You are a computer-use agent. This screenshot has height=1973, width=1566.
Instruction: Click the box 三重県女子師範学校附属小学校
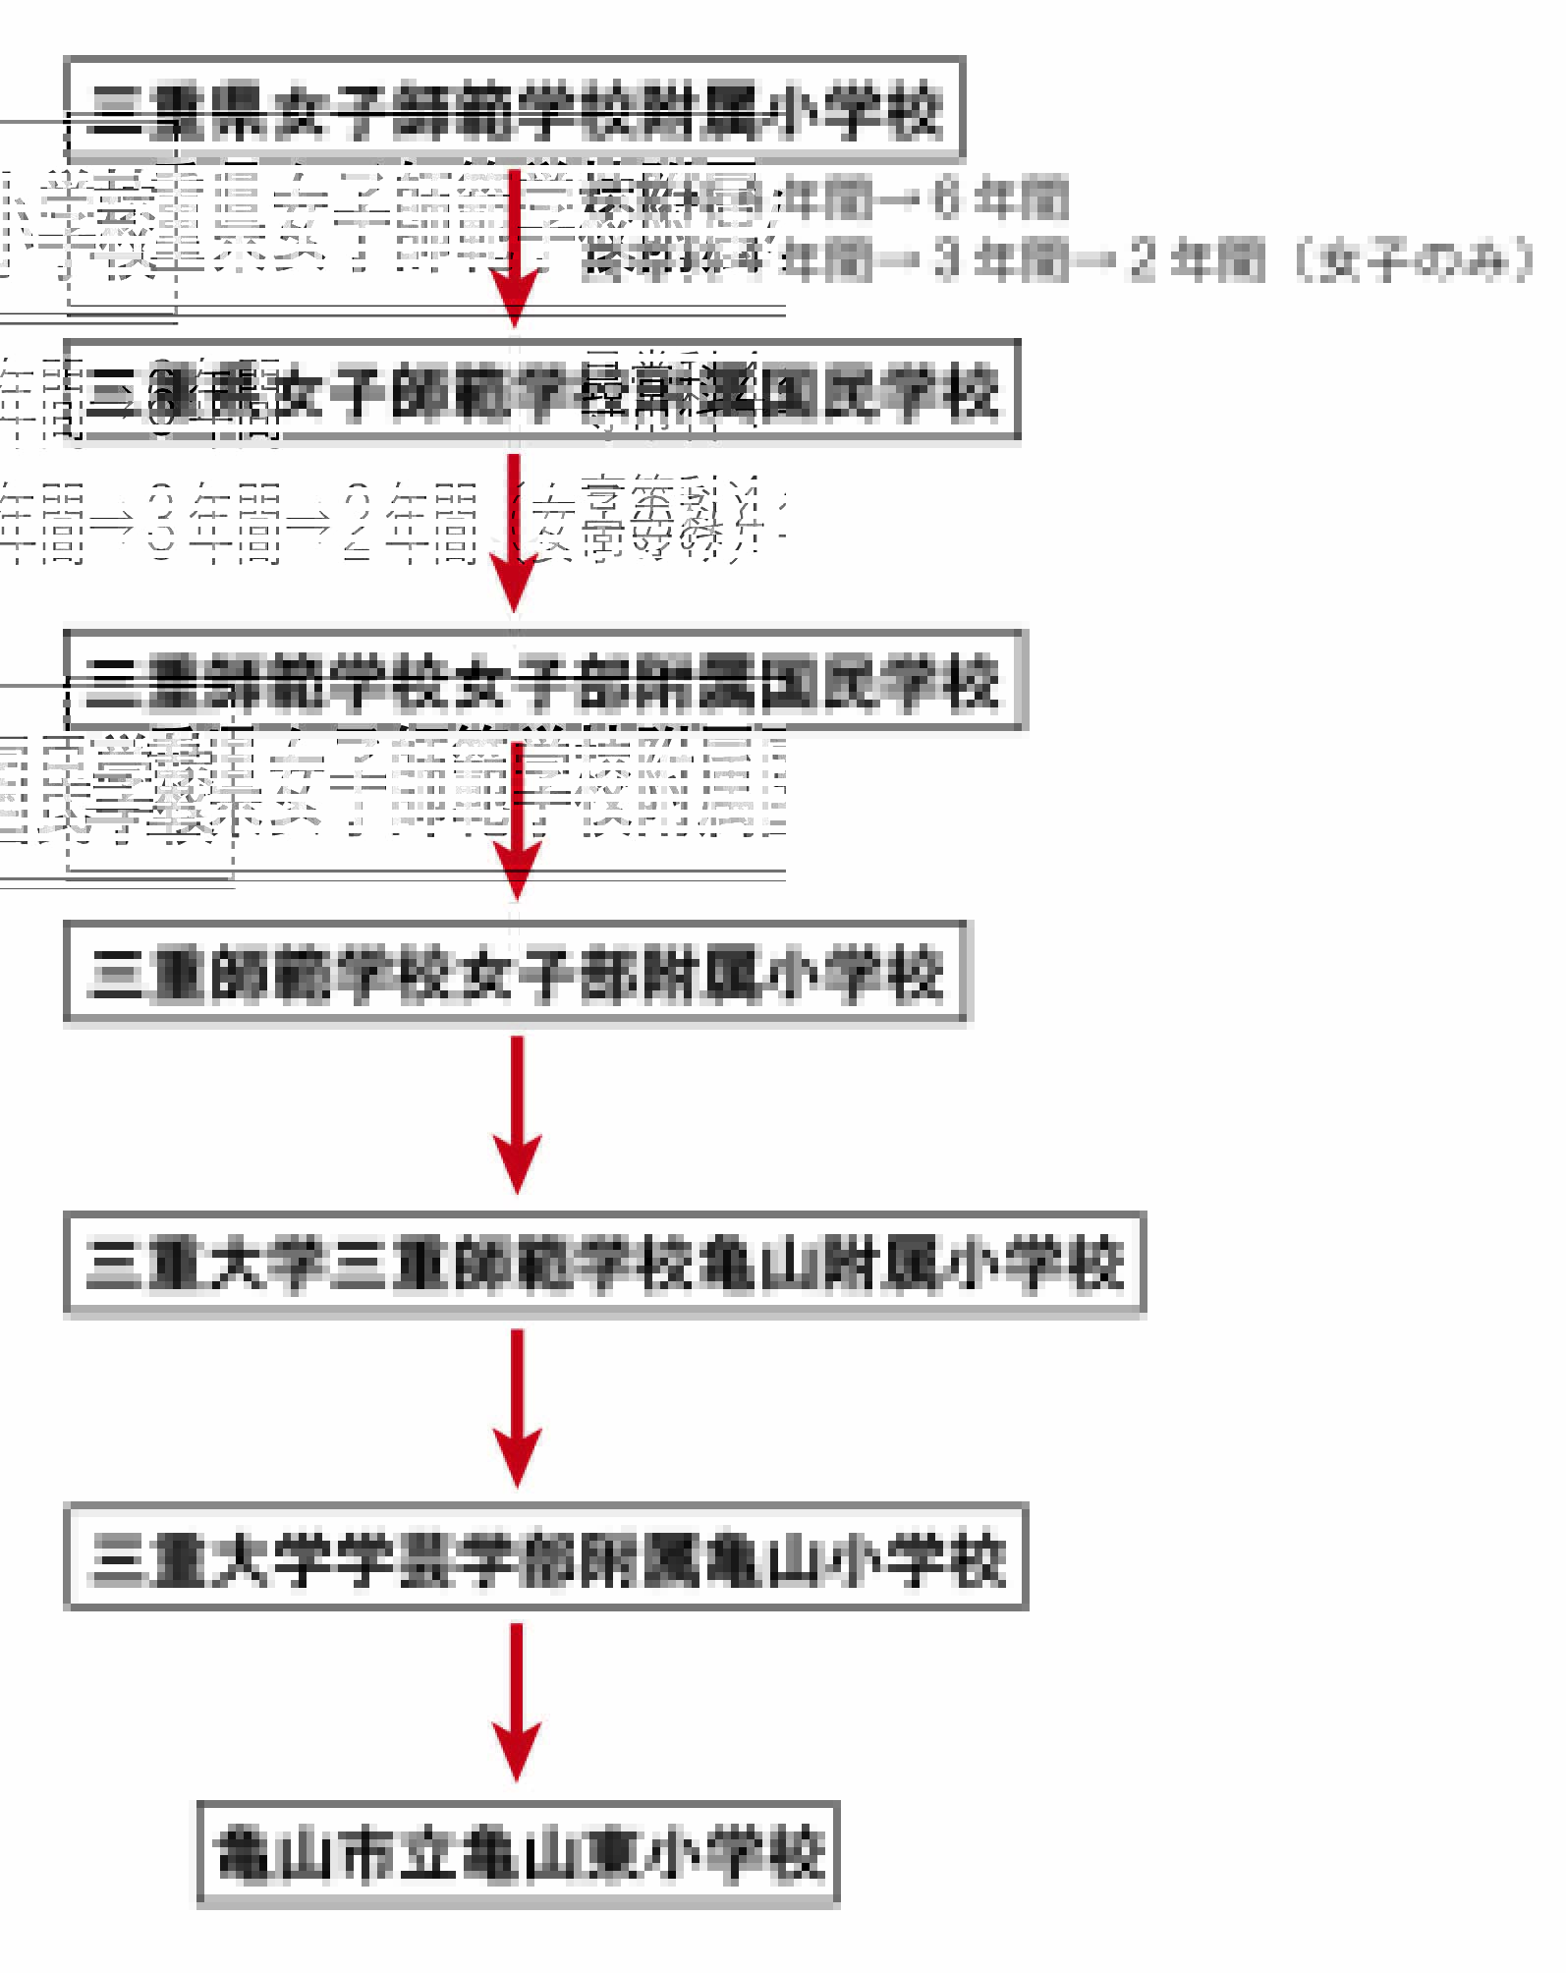point(514,109)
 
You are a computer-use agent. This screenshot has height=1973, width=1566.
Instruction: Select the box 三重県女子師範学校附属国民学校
point(541,390)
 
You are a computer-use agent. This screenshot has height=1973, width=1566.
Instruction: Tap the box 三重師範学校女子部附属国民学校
point(543,680)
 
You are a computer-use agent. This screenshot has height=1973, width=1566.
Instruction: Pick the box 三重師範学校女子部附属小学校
point(515,973)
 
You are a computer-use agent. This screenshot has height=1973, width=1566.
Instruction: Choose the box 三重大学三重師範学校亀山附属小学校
point(604,1264)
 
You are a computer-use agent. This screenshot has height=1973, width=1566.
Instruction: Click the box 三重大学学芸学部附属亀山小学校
point(545,1556)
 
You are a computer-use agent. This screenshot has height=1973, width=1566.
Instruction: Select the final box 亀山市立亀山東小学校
point(518,1853)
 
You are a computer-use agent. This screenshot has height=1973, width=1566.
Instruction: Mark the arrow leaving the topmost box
point(514,246)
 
